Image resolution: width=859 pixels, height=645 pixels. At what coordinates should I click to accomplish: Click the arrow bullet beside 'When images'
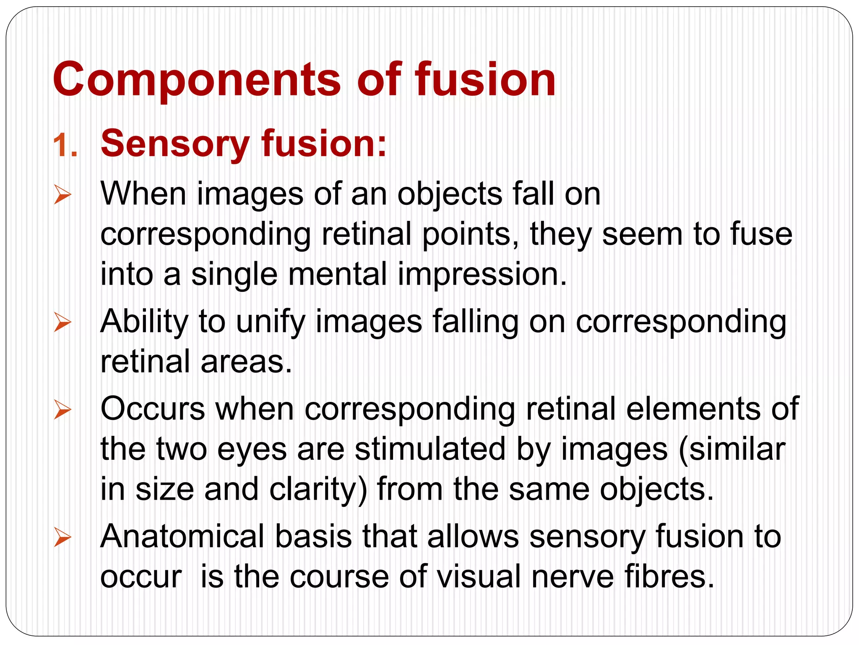[x=62, y=196]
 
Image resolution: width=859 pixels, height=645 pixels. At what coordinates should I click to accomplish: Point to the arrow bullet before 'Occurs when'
[x=62, y=410]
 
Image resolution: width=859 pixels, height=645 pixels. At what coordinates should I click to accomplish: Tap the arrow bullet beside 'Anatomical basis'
[x=62, y=538]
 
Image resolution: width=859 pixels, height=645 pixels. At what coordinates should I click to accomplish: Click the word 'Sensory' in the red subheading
[x=175, y=144]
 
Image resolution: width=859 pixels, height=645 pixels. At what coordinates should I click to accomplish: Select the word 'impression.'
[x=482, y=274]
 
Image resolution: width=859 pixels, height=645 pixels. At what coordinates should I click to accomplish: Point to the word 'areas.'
[x=246, y=361]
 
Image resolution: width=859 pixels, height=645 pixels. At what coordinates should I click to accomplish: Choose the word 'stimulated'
[x=430, y=449]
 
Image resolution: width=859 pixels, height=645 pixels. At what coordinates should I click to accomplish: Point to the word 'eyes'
[x=252, y=450]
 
